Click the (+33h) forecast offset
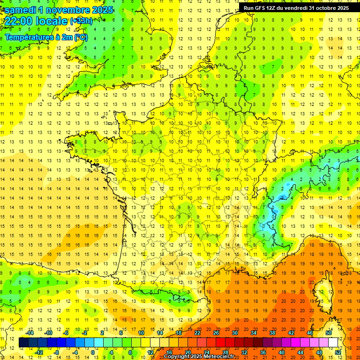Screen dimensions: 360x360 pos(81,21)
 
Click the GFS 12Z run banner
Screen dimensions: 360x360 pos(296,8)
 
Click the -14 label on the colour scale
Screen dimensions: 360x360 pos(30,333)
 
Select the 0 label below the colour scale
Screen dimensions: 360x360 pos(92,352)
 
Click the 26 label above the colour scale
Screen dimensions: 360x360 pos(216,333)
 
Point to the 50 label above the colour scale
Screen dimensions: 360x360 pos(329,333)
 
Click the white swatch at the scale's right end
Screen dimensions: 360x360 pos(333,343)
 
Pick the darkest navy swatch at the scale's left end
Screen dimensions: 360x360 pos(23,343)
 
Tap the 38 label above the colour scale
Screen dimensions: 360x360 pos(272,333)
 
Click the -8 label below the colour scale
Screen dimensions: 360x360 pos(56,352)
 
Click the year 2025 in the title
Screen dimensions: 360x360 pos(102,10)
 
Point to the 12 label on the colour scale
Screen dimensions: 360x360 pos(150,352)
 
